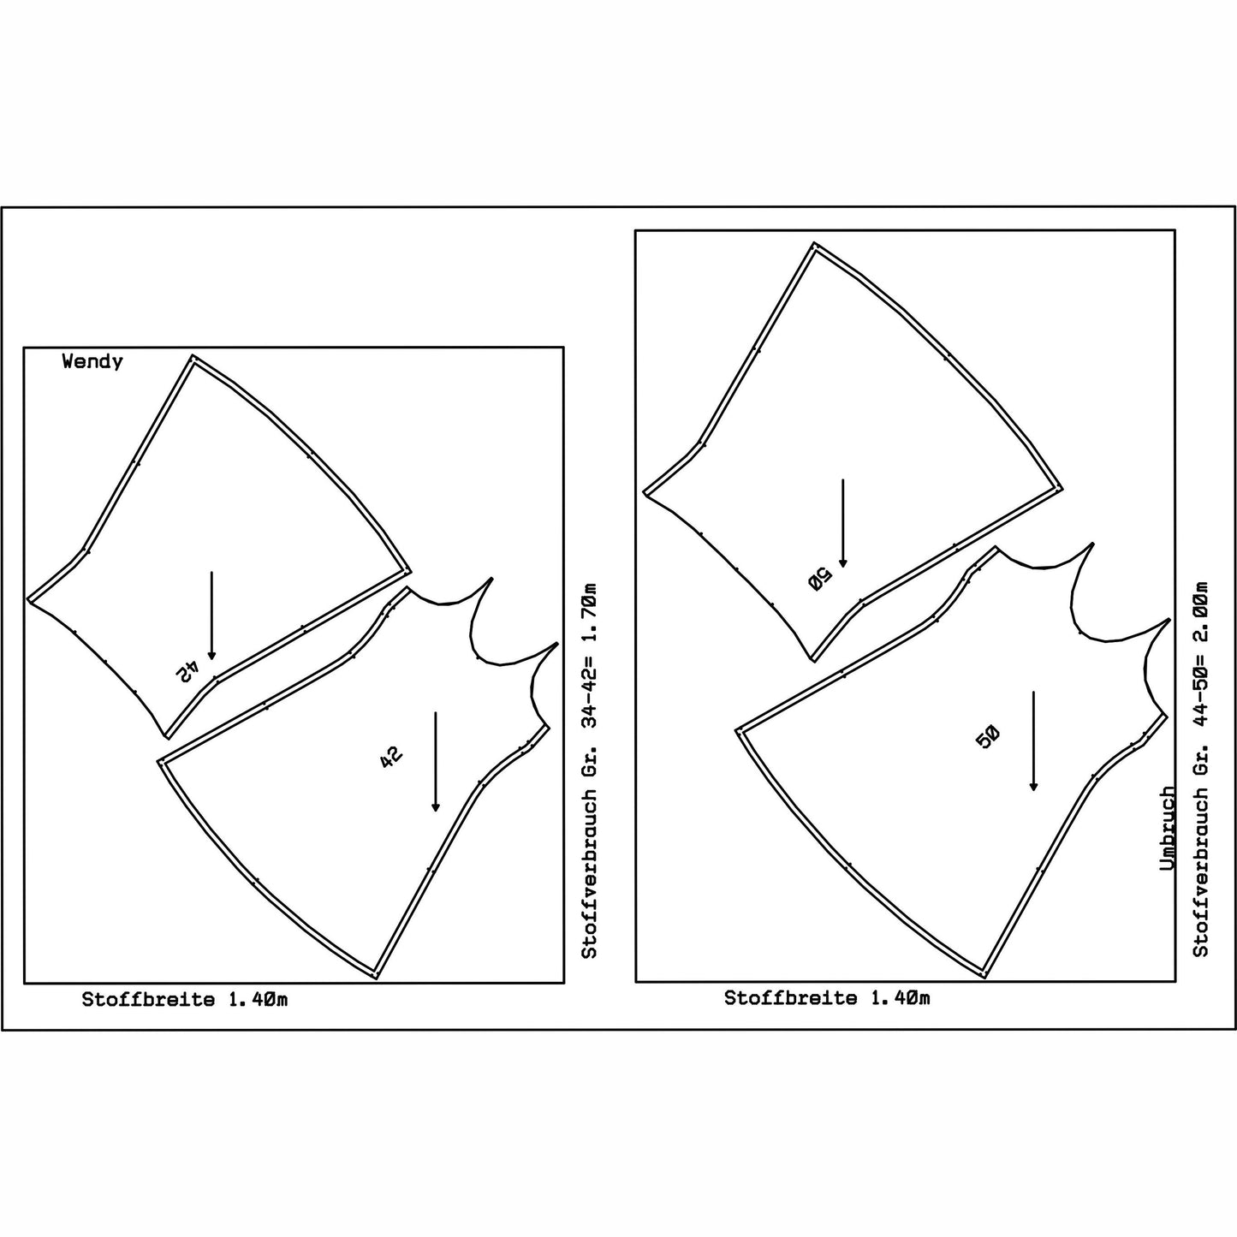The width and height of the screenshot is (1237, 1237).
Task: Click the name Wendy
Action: tap(92, 362)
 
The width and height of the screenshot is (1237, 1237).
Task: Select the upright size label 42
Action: tap(391, 756)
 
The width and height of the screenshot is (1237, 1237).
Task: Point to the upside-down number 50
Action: tap(820, 580)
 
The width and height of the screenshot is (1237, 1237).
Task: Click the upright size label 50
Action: tap(987, 738)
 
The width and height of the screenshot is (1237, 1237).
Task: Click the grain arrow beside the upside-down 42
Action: tap(211, 616)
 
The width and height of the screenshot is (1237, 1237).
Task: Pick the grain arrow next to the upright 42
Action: tap(435, 761)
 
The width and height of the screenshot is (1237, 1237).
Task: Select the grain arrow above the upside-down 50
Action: tap(843, 523)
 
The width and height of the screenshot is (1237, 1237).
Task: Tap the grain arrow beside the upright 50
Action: tap(1033, 740)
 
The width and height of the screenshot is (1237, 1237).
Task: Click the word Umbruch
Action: tap(1168, 829)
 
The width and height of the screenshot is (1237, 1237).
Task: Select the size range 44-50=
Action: tap(1200, 696)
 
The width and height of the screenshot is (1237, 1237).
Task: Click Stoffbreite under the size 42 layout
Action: tap(148, 1000)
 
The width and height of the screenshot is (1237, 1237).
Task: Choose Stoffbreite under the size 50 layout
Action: tap(791, 998)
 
